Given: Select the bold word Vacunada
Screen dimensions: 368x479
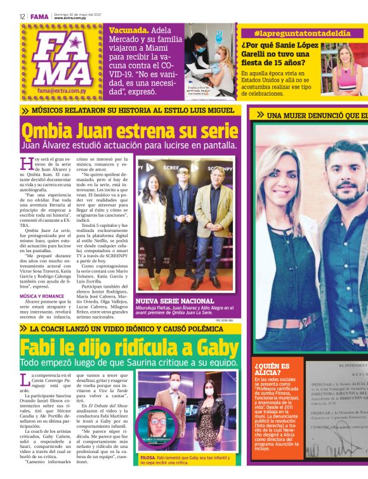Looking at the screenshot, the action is click(129, 30).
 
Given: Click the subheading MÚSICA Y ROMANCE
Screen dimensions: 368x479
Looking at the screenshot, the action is click(42, 295).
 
